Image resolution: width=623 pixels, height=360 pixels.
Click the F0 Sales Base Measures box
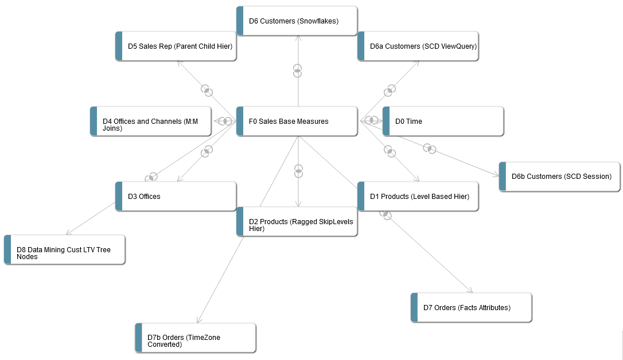297,121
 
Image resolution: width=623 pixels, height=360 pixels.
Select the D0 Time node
443,121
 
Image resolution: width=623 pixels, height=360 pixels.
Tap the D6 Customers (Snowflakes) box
297,21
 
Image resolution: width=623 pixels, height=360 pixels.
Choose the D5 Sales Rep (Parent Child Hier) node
176,46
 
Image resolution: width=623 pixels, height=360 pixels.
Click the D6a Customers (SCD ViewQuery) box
418,46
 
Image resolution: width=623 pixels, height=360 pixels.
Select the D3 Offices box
176,196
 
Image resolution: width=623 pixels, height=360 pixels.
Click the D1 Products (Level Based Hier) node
418,196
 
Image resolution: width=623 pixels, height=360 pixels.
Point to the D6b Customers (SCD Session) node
559,176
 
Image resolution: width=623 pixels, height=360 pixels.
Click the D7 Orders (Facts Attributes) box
471,307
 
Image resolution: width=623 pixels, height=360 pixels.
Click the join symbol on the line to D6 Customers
297,71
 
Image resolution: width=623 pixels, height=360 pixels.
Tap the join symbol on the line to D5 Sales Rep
207,90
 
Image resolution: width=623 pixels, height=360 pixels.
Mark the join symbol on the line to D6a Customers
390,90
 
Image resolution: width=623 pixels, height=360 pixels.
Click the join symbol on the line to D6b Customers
429,148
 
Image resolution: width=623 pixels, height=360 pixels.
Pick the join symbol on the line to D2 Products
298,171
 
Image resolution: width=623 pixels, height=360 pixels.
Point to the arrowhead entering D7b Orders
198,321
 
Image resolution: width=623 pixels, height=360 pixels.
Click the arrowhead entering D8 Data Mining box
68,233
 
